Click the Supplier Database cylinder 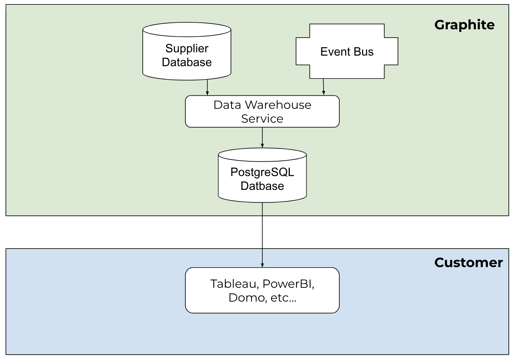pos(187,55)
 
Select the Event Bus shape pos(347,52)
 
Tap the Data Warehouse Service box pos(262,111)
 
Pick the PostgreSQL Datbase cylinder pos(262,179)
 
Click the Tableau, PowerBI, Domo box pos(262,290)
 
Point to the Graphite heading pos(464,25)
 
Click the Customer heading pos(468,262)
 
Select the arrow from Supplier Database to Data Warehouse pos(207,87)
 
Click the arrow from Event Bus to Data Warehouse pos(323,87)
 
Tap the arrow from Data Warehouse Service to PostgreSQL pos(262,137)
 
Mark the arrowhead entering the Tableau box pos(262,265)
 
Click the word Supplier pos(187,48)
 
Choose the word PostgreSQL pos(262,172)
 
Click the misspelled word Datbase pos(262,186)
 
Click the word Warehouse pos(278,105)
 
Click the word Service pos(262,119)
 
